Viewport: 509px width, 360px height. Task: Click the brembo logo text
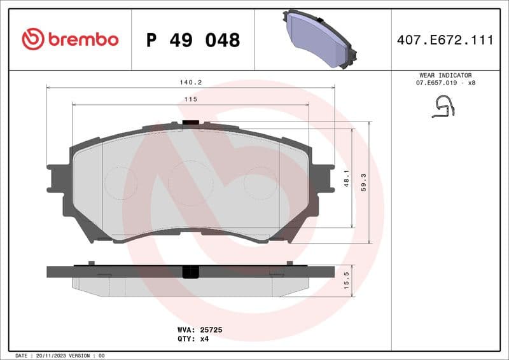[x=83, y=39]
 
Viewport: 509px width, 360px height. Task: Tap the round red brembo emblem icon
[x=32, y=39]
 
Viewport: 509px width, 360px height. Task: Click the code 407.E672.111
[x=445, y=40]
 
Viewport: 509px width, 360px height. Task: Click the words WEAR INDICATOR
[x=445, y=75]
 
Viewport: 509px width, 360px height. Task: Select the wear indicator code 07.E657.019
[x=435, y=83]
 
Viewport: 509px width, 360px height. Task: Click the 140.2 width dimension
[x=190, y=82]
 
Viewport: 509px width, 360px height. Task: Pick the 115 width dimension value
[x=190, y=99]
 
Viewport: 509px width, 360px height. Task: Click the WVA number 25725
[x=210, y=330]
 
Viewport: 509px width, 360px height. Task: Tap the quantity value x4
[x=204, y=339]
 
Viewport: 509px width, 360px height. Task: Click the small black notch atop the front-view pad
[x=190, y=123]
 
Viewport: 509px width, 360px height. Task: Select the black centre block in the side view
[x=190, y=272]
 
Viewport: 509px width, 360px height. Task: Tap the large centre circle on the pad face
[x=191, y=183]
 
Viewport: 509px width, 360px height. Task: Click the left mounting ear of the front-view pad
[x=57, y=178]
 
